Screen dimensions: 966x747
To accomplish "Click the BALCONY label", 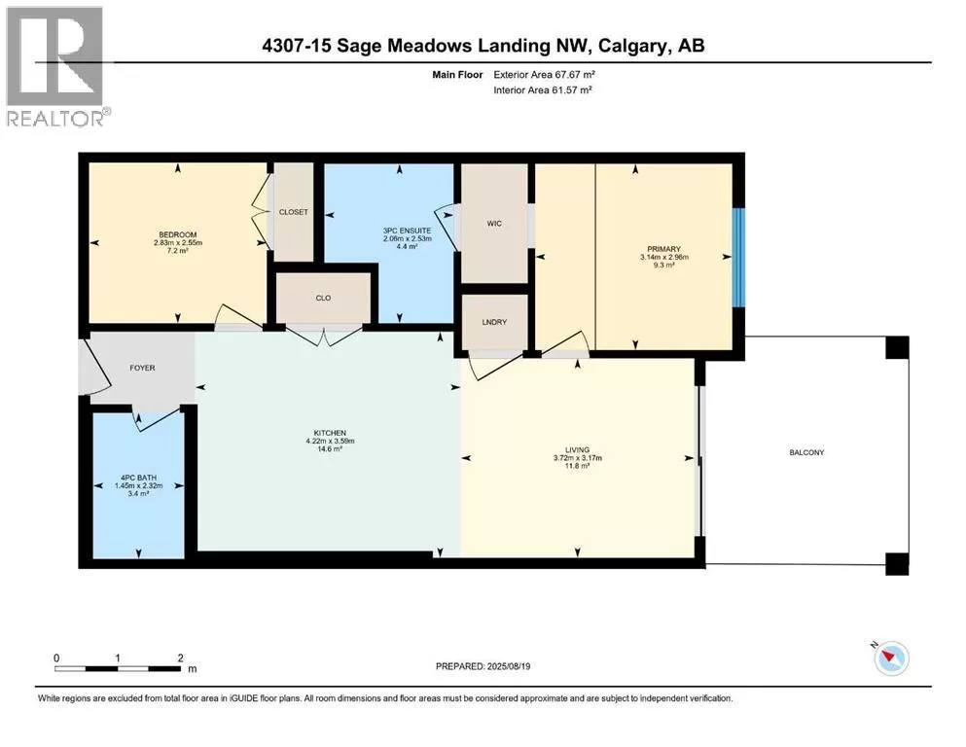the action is [806, 452].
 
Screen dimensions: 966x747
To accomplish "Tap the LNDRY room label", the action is [494, 322].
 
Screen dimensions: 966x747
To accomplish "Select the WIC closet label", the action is [494, 224].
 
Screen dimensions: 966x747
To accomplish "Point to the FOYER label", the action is [142, 368].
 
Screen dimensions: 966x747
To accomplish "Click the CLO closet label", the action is [323, 298].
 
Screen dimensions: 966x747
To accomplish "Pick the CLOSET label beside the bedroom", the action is [293, 212].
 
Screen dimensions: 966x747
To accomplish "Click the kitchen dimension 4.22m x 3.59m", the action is [330, 441].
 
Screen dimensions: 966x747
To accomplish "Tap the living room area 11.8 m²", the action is [577, 466].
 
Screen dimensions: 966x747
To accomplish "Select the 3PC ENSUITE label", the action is [408, 231].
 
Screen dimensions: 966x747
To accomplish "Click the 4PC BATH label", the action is [138, 478].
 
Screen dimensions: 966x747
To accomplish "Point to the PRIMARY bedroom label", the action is [663, 249].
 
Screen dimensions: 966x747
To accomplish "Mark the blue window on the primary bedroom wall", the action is [738, 258].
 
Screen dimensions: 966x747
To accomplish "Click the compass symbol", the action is [891, 658].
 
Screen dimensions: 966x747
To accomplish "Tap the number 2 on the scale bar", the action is [181, 658].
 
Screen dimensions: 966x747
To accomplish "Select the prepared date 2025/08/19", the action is [508, 666].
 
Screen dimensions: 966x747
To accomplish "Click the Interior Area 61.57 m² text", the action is [543, 89].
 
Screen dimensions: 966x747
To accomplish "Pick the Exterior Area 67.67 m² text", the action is [544, 75].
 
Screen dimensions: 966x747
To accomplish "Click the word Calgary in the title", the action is [632, 46].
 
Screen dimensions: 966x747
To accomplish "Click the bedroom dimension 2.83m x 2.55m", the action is [178, 242].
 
